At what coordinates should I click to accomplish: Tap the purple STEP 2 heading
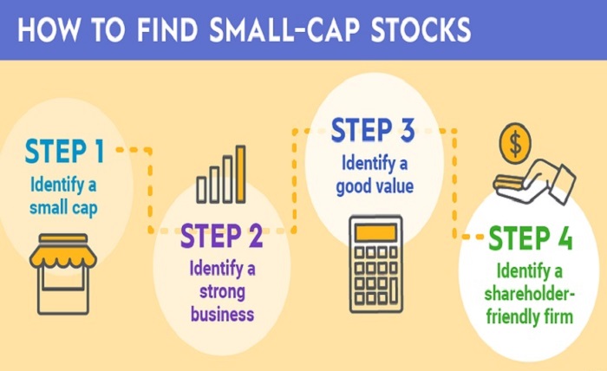[221, 236]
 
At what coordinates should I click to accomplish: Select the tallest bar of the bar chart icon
[240, 173]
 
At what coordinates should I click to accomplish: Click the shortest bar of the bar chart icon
[201, 189]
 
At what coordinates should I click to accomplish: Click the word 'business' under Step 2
[223, 313]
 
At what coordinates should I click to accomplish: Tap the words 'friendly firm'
[531, 316]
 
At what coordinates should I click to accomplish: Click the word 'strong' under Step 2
[223, 290]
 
